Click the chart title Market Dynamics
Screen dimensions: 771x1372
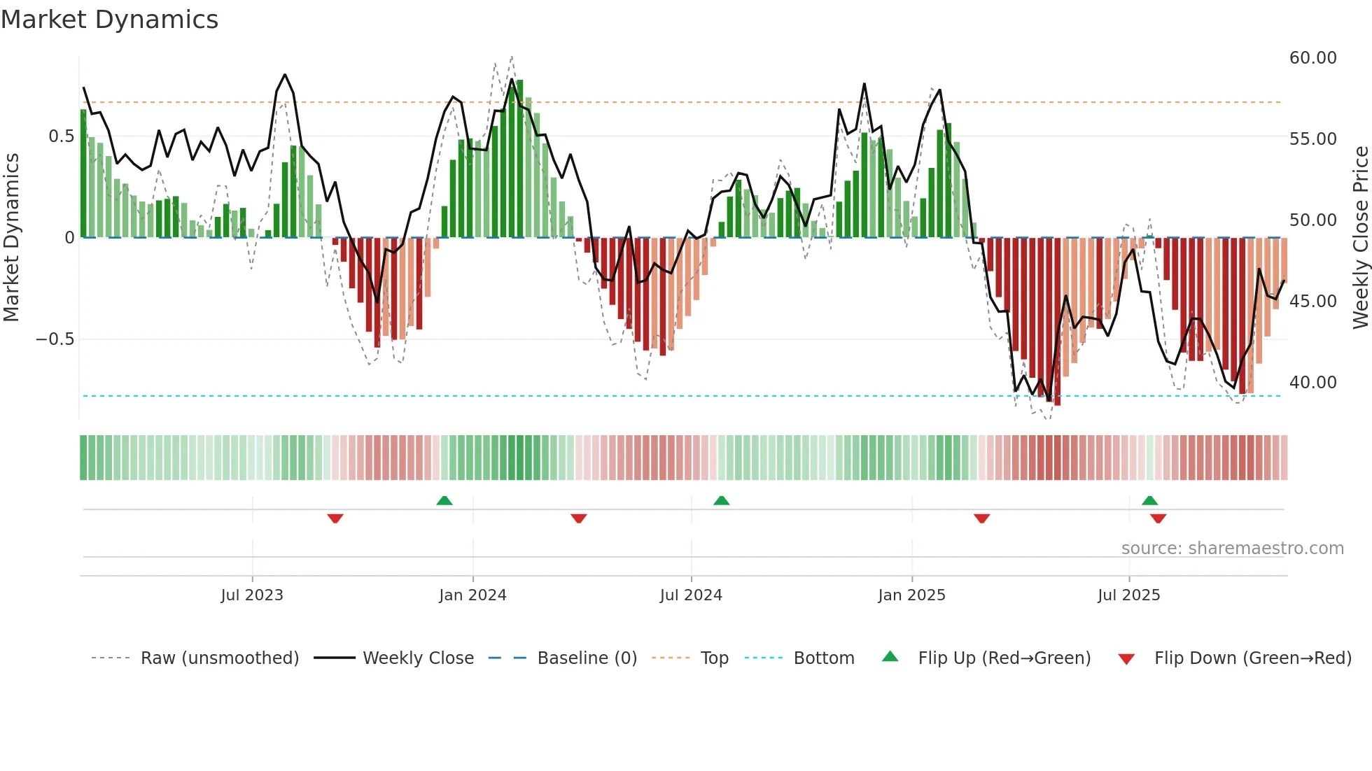(x=109, y=20)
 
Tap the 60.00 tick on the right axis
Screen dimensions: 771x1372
(x=1312, y=58)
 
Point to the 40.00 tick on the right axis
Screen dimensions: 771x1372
(x=1312, y=383)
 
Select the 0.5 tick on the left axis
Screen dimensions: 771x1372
(x=61, y=136)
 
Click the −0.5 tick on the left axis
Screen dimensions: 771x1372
(x=55, y=339)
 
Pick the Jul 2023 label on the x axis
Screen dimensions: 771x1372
(x=252, y=595)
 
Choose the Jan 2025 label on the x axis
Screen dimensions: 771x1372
(x=911, y=595)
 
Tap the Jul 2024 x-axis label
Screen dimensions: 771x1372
(x=691, y=595)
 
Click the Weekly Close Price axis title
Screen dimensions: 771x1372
(x=1360, y=238)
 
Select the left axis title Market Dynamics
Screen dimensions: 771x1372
(x=11, y=238)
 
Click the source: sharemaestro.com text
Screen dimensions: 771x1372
(x=1232, y=549)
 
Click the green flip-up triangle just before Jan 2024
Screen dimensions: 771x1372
(x=444, y=500)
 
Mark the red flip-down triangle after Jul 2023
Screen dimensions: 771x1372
(x=335, y=518)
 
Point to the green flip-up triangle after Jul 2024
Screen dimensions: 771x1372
(x=722, y=500)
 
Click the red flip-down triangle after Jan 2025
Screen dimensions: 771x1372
(x=982, y=518)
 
